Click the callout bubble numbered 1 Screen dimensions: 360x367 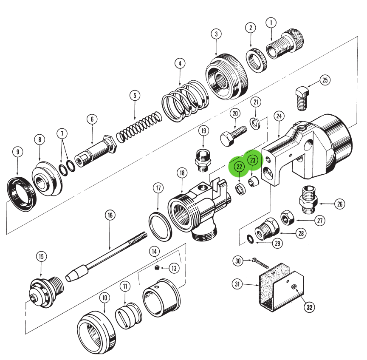coord(271,23)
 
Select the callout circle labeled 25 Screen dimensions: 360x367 coord(325,80)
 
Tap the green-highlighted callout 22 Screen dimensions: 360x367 coord(239,167)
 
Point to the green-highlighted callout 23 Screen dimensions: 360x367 coord(252,160)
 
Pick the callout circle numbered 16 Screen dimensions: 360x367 coord(110,215)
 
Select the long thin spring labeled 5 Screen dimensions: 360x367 coord(139,127)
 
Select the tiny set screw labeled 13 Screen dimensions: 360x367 coord(157,268)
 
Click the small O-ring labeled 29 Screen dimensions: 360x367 coord(251,241)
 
